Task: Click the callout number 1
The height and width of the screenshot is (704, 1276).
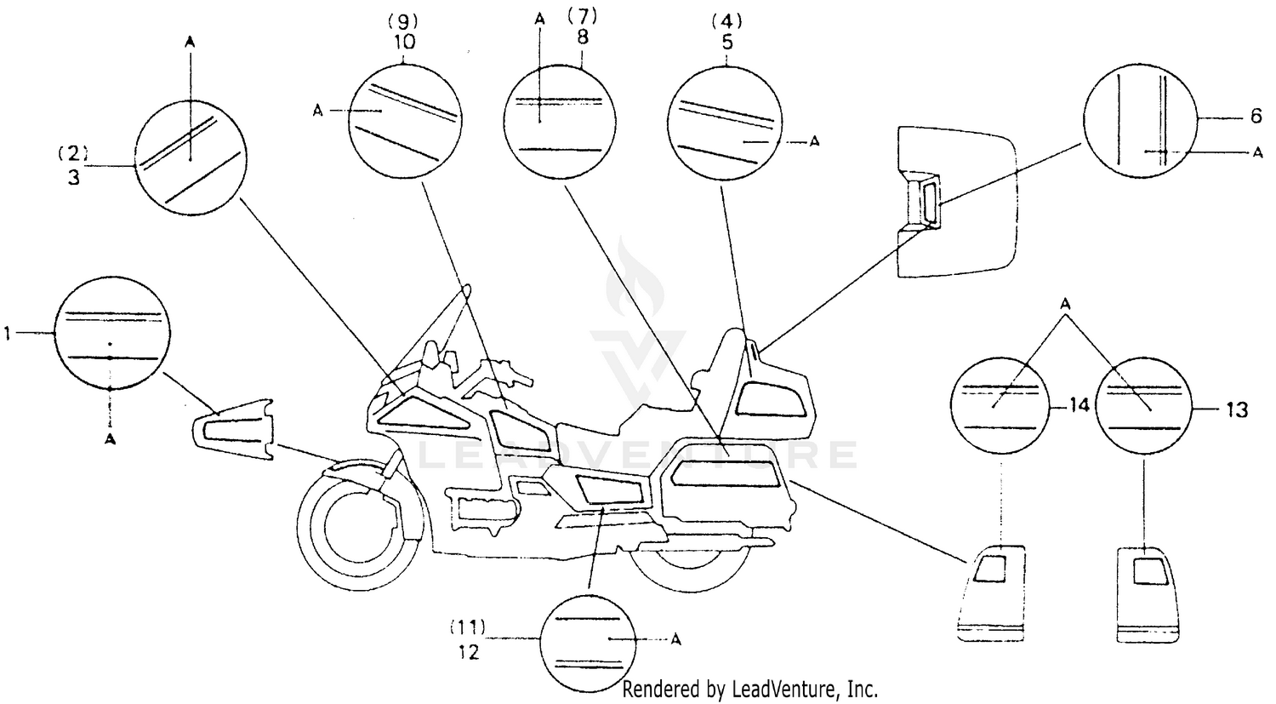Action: pos(8,335)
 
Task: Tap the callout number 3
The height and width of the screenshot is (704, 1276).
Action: pos(74,180)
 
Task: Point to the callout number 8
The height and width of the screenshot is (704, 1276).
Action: pos(582,37)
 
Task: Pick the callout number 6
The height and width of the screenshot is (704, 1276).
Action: pos(1256,117)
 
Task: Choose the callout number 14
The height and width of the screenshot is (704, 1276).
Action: pos(1079,408)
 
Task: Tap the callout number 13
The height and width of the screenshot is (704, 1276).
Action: pos(1237,410)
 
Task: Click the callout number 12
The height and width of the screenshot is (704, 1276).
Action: pos(468,653)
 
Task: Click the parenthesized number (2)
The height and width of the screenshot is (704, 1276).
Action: pos(73,153)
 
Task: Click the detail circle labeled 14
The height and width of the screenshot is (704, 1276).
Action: pos(1003,406)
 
